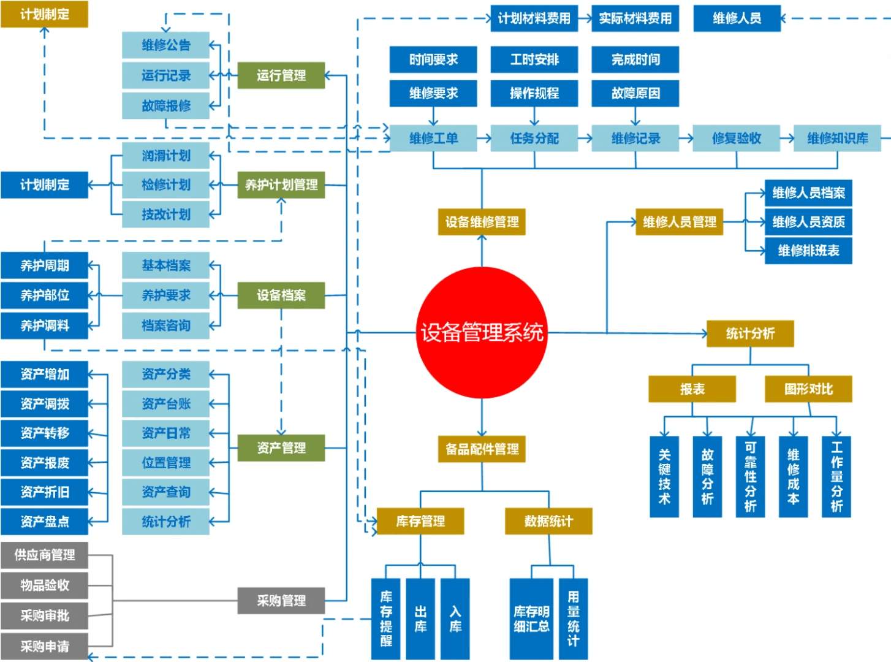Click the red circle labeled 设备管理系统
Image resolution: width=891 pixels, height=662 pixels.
[x=481, y=332]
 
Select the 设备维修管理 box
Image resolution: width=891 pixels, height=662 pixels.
[x=482, y=222]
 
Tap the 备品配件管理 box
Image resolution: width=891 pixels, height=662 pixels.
[x=482, y=449]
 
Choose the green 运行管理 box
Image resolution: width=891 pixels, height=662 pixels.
[x=281, y=75]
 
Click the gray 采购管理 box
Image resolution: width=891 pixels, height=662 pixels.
[x=281, y=601]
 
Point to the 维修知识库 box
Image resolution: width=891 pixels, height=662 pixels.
[x=837, y=139]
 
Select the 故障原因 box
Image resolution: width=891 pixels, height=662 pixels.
[x=635, y=93]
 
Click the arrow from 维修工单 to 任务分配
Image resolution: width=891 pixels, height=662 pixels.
[x=483, y=139]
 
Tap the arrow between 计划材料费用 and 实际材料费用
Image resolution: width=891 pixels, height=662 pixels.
[x=585, y=18]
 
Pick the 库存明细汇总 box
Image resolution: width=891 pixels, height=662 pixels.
[x=531, y=618]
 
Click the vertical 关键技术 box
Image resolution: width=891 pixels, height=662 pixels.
[x=664, y=477]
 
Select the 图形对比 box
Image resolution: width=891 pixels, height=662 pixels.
[x=808, y=389]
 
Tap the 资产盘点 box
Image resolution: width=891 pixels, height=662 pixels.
[x=44, y=522]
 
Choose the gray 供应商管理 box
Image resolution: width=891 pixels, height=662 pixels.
[x=44, y=555]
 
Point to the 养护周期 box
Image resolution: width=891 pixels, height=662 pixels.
[x=44, y=265]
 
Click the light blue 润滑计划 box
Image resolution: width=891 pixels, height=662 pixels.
[x=165, y=156]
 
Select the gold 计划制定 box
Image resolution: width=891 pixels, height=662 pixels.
[x=44, y=14]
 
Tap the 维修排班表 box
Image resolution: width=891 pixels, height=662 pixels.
[x=808, y=251]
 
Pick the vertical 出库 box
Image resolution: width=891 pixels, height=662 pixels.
[x=420, y=618]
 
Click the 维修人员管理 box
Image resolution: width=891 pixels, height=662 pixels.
[x=679, y=222]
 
